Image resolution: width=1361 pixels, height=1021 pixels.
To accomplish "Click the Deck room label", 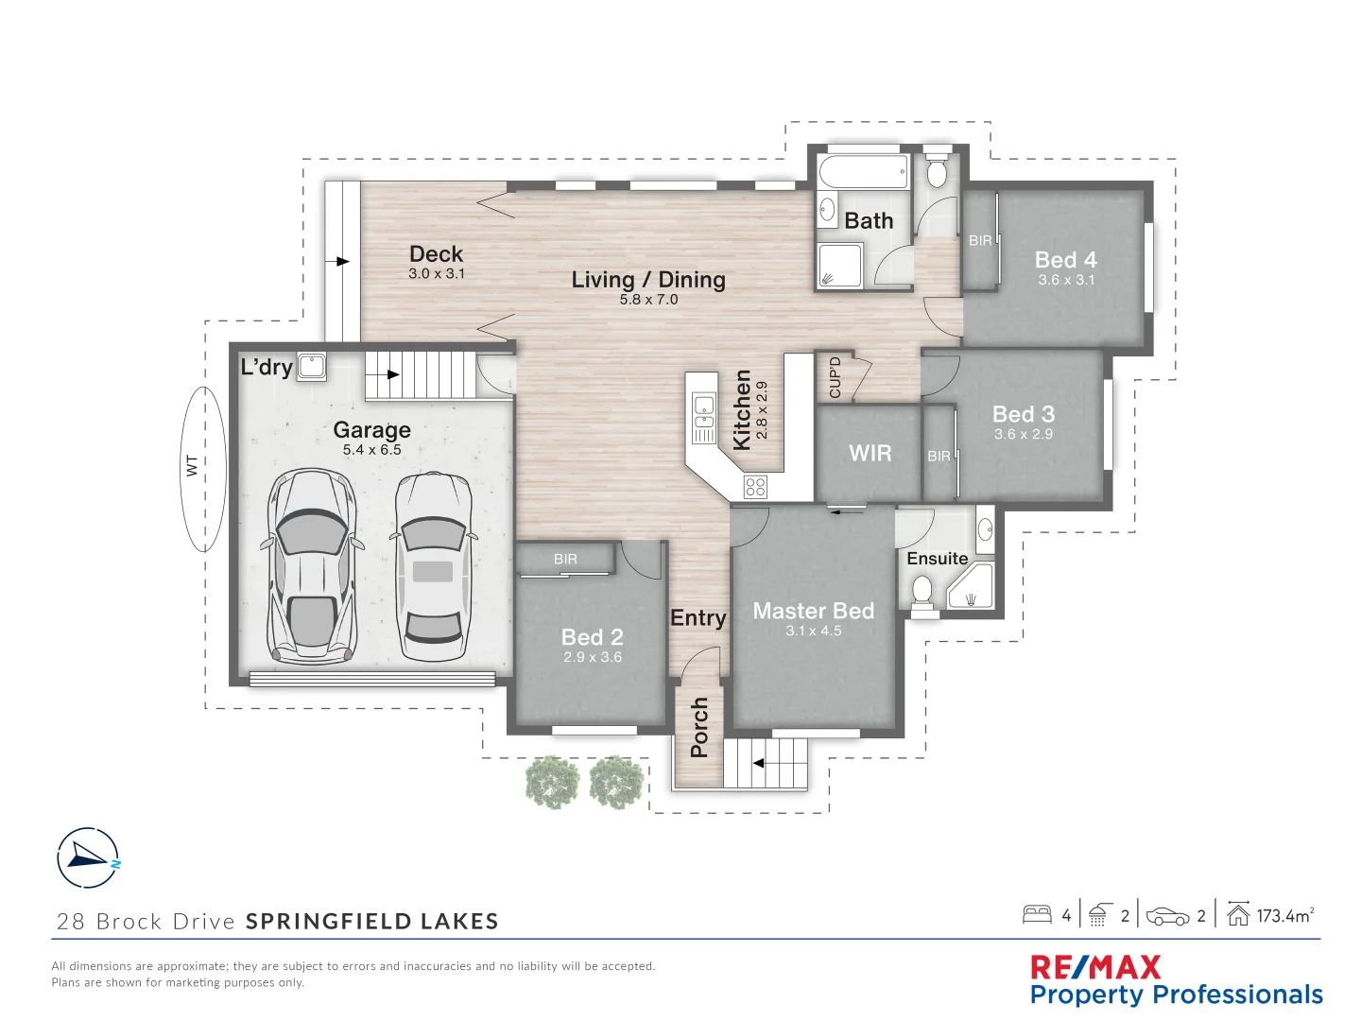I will pos(436,253).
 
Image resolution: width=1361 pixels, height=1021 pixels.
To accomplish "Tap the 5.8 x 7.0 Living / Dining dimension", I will pos(648,300).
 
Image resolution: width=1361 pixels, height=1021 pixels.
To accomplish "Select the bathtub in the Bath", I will pos(863,172).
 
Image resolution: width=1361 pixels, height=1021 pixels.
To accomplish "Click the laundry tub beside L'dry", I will pos(312,367).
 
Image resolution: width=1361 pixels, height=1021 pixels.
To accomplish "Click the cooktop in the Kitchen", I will pos(755,487).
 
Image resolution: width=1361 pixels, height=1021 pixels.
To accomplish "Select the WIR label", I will pos(870,454).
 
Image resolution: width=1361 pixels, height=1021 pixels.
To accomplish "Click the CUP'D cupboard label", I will pos(835,376).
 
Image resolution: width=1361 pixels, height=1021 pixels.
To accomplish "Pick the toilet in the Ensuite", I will pos(922,592).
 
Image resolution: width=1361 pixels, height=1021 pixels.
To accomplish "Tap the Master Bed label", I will pos(813,611).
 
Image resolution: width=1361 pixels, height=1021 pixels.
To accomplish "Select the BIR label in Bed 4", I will pos(980,241).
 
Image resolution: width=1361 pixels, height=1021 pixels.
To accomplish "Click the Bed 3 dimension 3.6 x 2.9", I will pos(1023,435).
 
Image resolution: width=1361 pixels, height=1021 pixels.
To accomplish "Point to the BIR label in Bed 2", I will pos(565,560).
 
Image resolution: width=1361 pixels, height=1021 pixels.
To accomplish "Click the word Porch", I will pos(699,727).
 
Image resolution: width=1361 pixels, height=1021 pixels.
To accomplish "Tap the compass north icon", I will pos(88,858).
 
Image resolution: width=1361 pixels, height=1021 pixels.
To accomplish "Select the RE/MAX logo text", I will pos(1095,967).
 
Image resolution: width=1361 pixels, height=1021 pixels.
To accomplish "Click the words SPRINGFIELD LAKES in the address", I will pos(371,922).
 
